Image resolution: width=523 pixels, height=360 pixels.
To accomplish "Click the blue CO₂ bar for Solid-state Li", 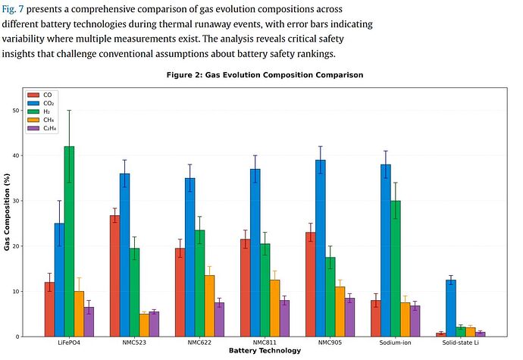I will click(x=450, y=308).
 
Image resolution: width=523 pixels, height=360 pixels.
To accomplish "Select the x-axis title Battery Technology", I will click(x=265, y=351).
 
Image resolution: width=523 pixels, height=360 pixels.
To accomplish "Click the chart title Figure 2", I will click(x=265, y=75).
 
